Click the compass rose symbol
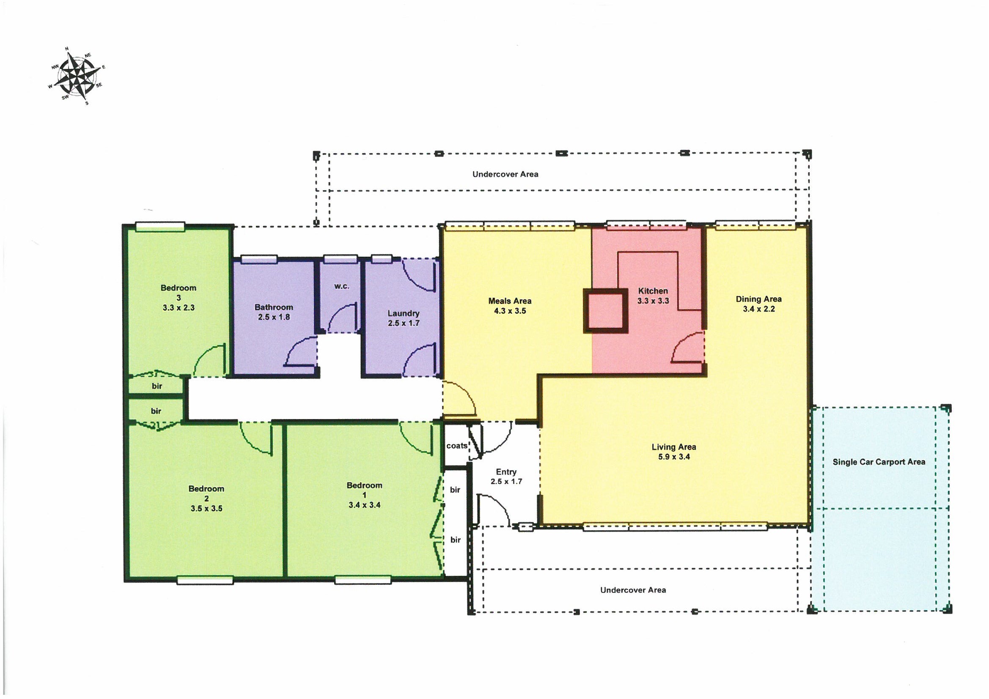pyautogui.click(x=77, y=76)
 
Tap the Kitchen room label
pyautogui.click(x=653, y=291)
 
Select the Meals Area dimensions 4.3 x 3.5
pyautogui.click(x=510, y=311)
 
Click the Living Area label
pyautogui.click(x=674, y=447)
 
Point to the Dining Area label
pyautogui.click(x=758, y=299)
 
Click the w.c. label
pyautogui.click(x=342, y=286)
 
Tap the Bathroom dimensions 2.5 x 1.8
pyautogui.click(x=274, y=317)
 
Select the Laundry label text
pyautogui.click(x=403, y=313)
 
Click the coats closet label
pyautogui.click(x=456, y=446)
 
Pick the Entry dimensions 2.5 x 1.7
pyautogui.click(x=506, y=482)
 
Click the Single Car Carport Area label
pyautogui.click(x=879, y=462)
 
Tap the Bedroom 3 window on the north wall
pyautogui.click(x=160, y=226)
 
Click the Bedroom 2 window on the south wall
pyautogui.click(x=205, y=581)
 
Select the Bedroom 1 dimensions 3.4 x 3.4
pyautogui.click(x=364, y=505)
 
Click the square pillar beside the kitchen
pyautogui.click(x=605, y=311)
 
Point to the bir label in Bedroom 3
pyautogui.click(x=157, y=386)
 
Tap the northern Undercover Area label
pyautogui.click(x=505, y=174)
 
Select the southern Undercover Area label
pyautogui.click(x=633, y=590)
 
